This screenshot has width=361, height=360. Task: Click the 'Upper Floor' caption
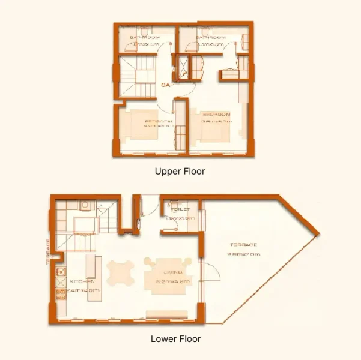pos(180,172)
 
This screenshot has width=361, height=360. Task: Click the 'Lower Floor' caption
pos(175,339)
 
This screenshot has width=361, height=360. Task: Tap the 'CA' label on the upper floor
pos(165,85)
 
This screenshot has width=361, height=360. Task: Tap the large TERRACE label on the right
pos(243,245)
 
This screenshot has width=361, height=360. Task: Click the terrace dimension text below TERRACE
pos(243,254)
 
